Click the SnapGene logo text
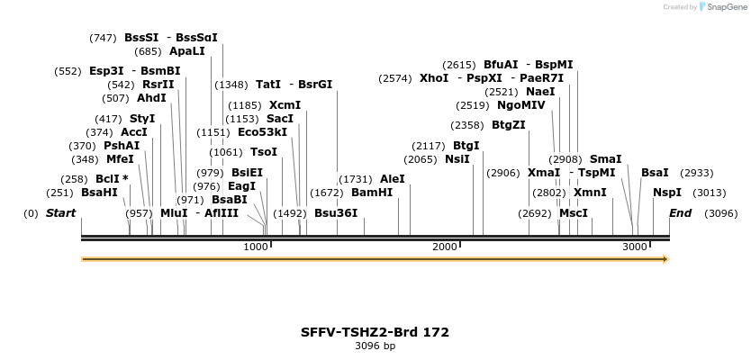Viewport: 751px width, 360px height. click(725, 7)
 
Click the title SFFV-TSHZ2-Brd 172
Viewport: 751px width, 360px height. click(375, 332)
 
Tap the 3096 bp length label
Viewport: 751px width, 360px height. click(375, 346)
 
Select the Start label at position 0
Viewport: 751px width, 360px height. click(60, 213)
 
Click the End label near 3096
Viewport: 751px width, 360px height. click(681, 213)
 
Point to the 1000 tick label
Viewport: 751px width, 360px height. click(256, 247)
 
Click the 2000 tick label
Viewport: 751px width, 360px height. click(445, 247)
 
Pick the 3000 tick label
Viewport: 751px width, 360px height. click(635, 247)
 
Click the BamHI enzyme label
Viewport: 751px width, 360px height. click(372, 193)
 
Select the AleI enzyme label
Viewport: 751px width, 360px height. click(393, 179)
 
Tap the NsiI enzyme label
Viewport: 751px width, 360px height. click(457, 159)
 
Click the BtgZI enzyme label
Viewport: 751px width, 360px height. click(509, 125)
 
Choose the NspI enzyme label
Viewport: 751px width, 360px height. click(667, 193)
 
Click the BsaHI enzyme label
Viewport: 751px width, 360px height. click(99, 193)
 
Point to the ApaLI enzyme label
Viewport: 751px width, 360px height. click(187, 51)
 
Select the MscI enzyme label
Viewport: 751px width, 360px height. click(574, 213)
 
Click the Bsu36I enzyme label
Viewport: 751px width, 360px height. click(336, 213)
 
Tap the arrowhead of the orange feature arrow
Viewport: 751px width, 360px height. click(665, 259)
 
